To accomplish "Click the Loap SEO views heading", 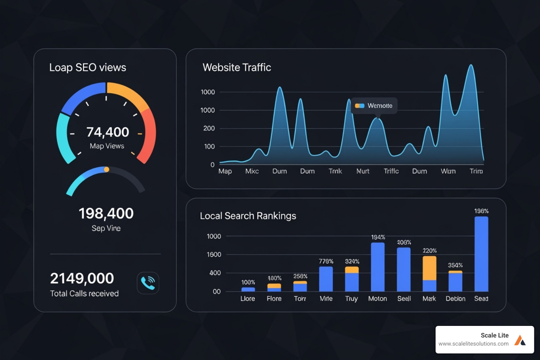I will click(88, 67).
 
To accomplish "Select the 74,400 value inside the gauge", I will click(108, 132).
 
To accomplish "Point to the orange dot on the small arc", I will click(107, 169).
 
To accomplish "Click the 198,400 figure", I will click(106, 213).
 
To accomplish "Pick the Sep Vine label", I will click(106, 228).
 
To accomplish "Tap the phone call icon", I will click(148, 283).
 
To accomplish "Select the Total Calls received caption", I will click(84, 294).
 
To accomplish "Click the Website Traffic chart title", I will click(237, 67).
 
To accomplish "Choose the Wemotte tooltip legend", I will click(374, 105).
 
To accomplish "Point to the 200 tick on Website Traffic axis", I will click(209, 128).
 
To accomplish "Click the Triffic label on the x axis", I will click(391, 171).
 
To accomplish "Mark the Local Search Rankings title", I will click(248, 216).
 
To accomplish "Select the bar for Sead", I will click(481, 254).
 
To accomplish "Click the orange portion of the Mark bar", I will click(429, 268).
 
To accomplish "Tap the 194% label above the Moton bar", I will click(378, 237).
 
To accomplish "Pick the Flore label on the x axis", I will click(274, 298).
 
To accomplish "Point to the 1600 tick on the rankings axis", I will click(214, 255).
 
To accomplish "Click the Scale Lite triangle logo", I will click(520, 340).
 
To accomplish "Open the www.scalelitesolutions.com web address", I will click(473, 344).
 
